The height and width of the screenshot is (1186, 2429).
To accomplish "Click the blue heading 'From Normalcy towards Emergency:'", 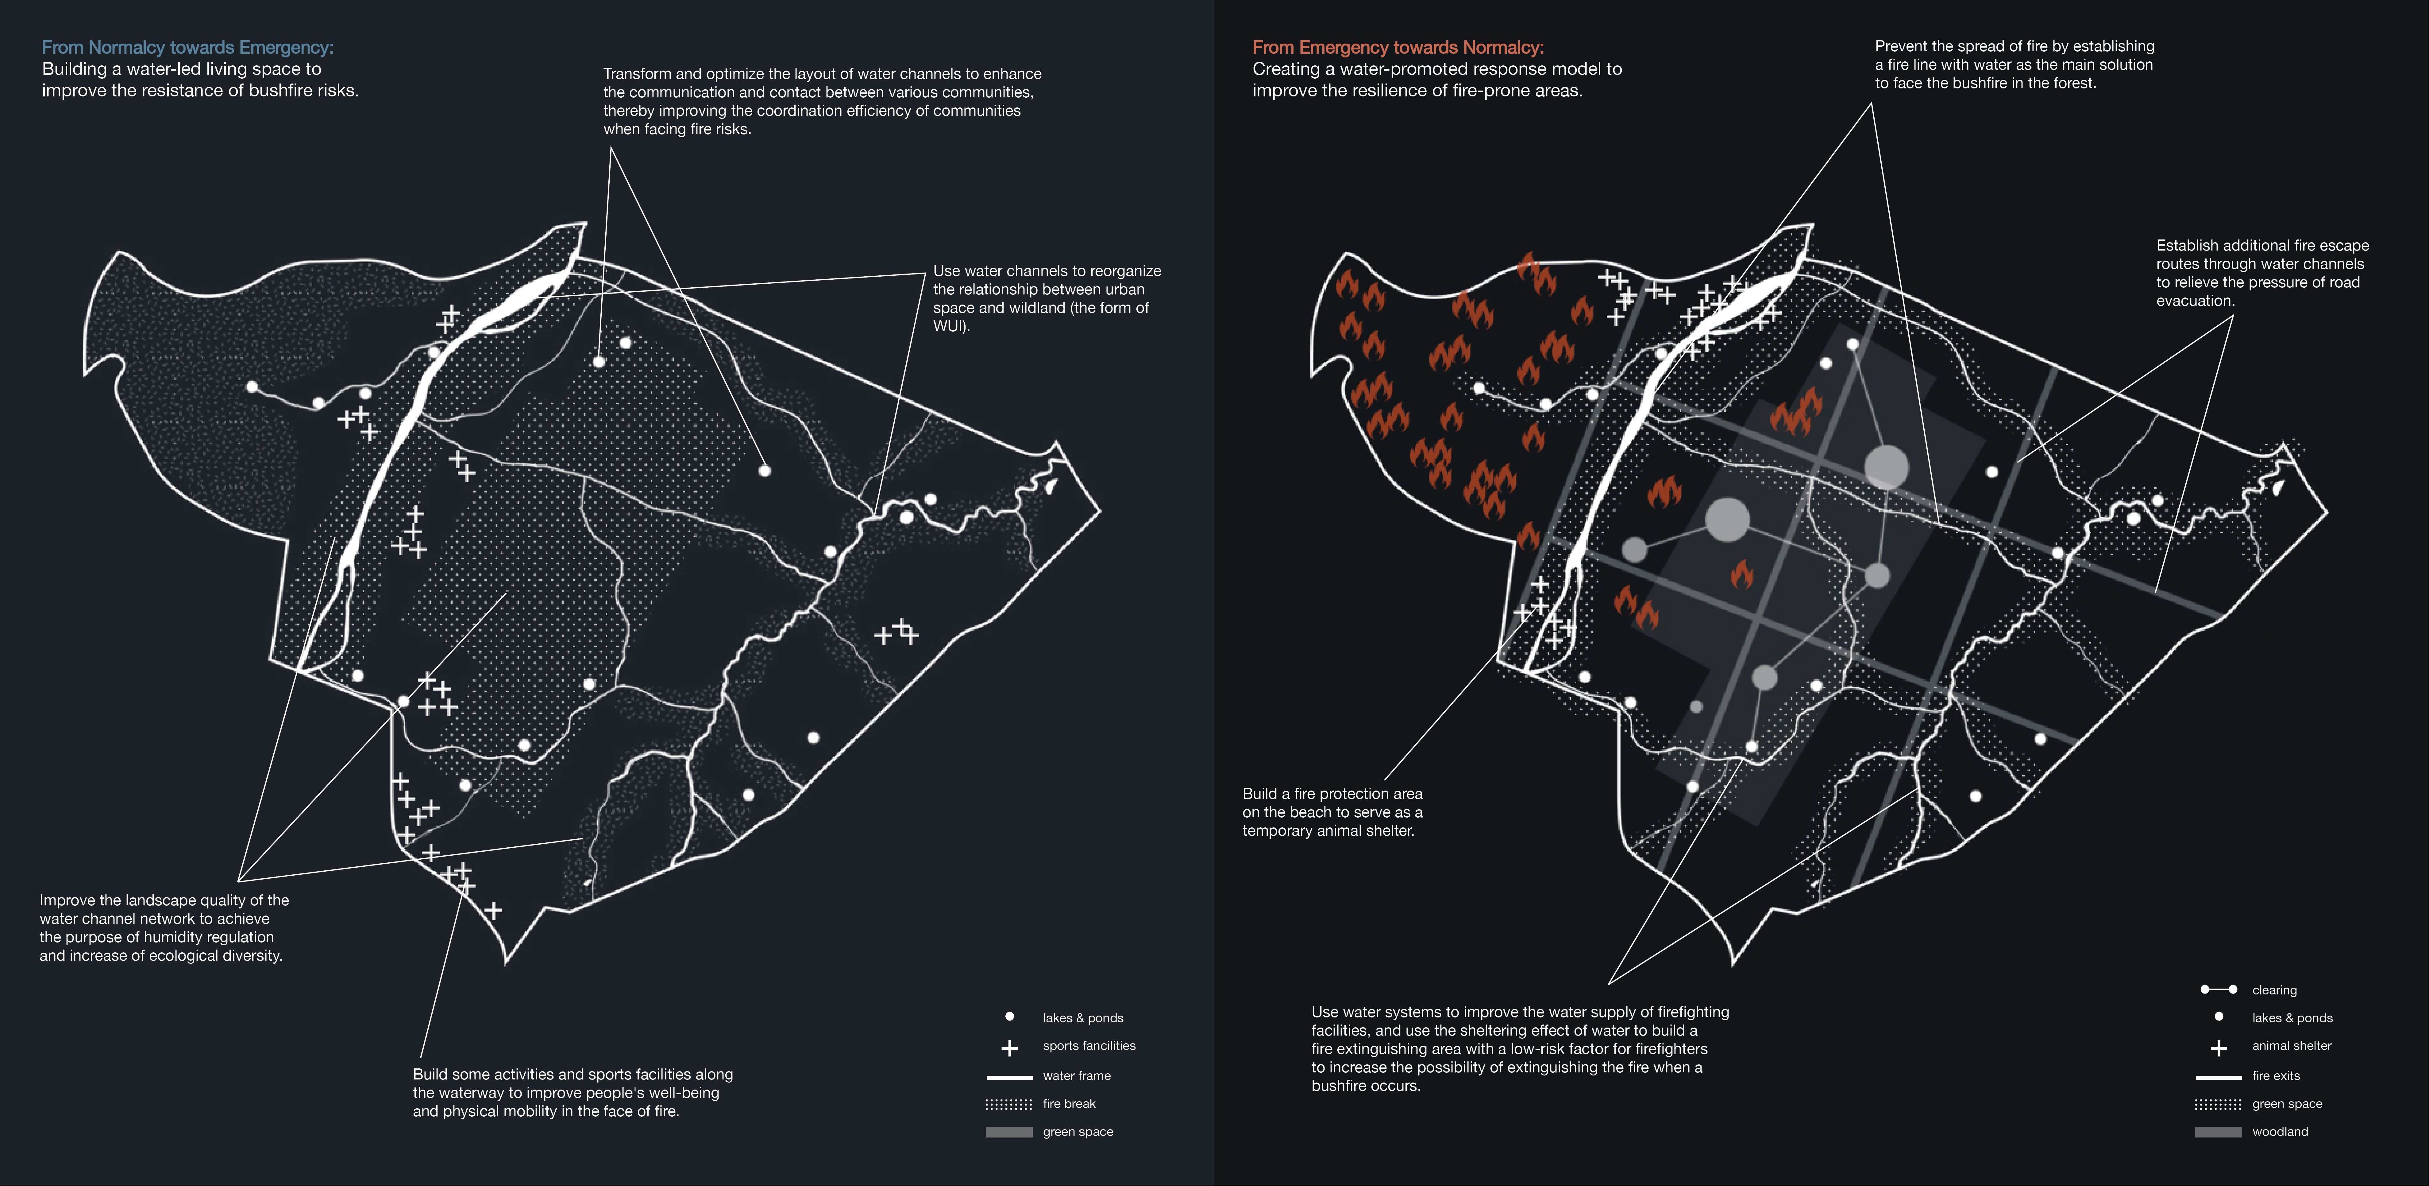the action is [188, 47].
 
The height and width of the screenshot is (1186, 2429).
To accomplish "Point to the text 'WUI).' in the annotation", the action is [951, 326].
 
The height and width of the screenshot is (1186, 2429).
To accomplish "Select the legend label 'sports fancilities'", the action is [1089, 1045].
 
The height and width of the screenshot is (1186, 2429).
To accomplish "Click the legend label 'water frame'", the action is [1077, 1075].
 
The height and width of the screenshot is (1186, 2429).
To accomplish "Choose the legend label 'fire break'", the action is [1069, 1104].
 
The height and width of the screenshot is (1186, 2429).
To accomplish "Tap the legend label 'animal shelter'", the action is [2291, 1045].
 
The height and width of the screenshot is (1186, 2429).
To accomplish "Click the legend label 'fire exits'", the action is [2276, 1075].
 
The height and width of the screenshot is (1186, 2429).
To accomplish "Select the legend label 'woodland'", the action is [2280, 1131].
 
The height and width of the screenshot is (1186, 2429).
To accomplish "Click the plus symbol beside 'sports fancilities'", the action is [1009, 1047].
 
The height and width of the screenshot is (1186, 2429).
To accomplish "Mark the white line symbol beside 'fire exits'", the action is [2218, 1077].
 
